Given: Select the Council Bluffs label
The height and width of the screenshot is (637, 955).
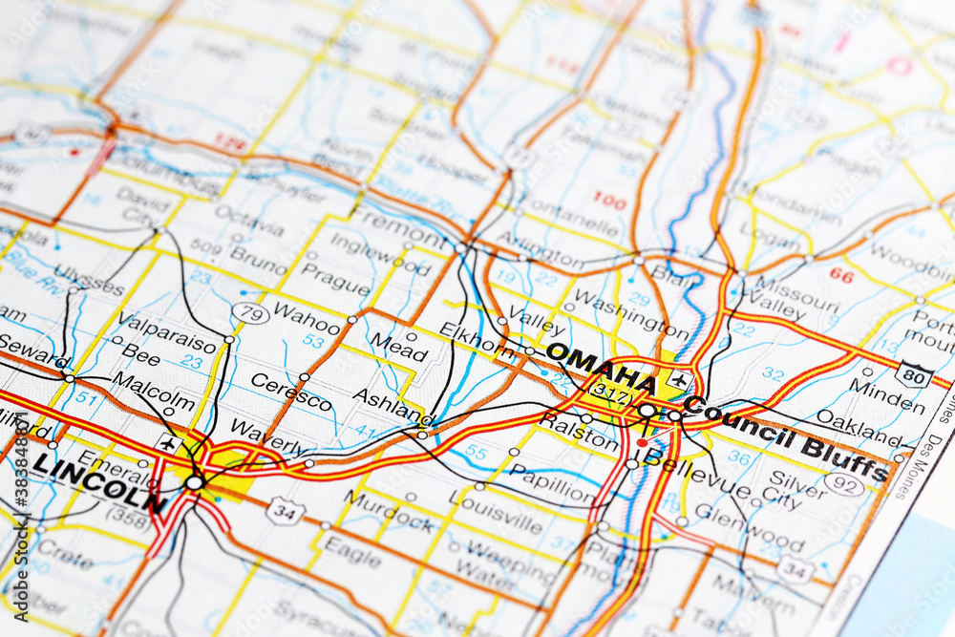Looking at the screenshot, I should pyautogui.click(x=787, y=437).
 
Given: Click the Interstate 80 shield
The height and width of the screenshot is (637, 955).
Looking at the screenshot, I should pyautogui.click(x=913, y=374).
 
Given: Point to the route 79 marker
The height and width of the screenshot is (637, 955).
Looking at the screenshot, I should pyautogui.click(x=250, y=313).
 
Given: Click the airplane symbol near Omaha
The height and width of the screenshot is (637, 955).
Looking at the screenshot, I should pyautogui.click(x=678, y=379).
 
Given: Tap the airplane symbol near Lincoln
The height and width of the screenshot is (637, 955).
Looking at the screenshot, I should pyautogui.click(x=169, y=444).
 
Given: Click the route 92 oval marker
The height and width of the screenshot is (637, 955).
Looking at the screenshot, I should pyautogui.click(x=843, y=485).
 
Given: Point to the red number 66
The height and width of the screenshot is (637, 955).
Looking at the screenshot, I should pyautogui.click(x=841, y=275).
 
